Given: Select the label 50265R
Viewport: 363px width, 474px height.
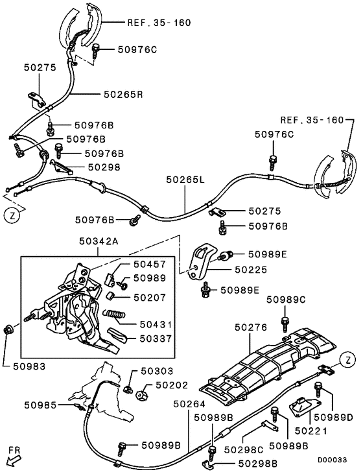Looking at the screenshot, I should (x=123, y=94).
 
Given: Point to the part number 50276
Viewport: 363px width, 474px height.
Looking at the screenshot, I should (x=251, y=329).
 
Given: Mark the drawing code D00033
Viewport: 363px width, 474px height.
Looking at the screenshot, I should (x=336, y=459).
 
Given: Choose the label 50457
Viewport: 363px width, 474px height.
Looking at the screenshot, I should (x=150, y=265).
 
